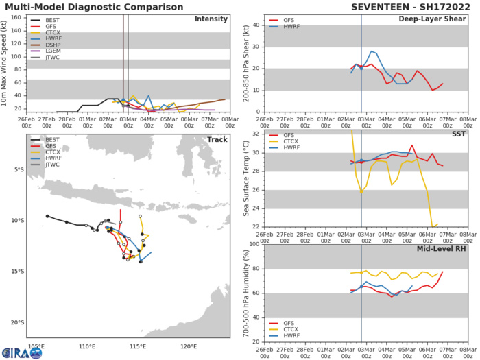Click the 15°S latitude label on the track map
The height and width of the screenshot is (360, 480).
point(16,272)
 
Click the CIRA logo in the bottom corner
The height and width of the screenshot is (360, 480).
point(21,352)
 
